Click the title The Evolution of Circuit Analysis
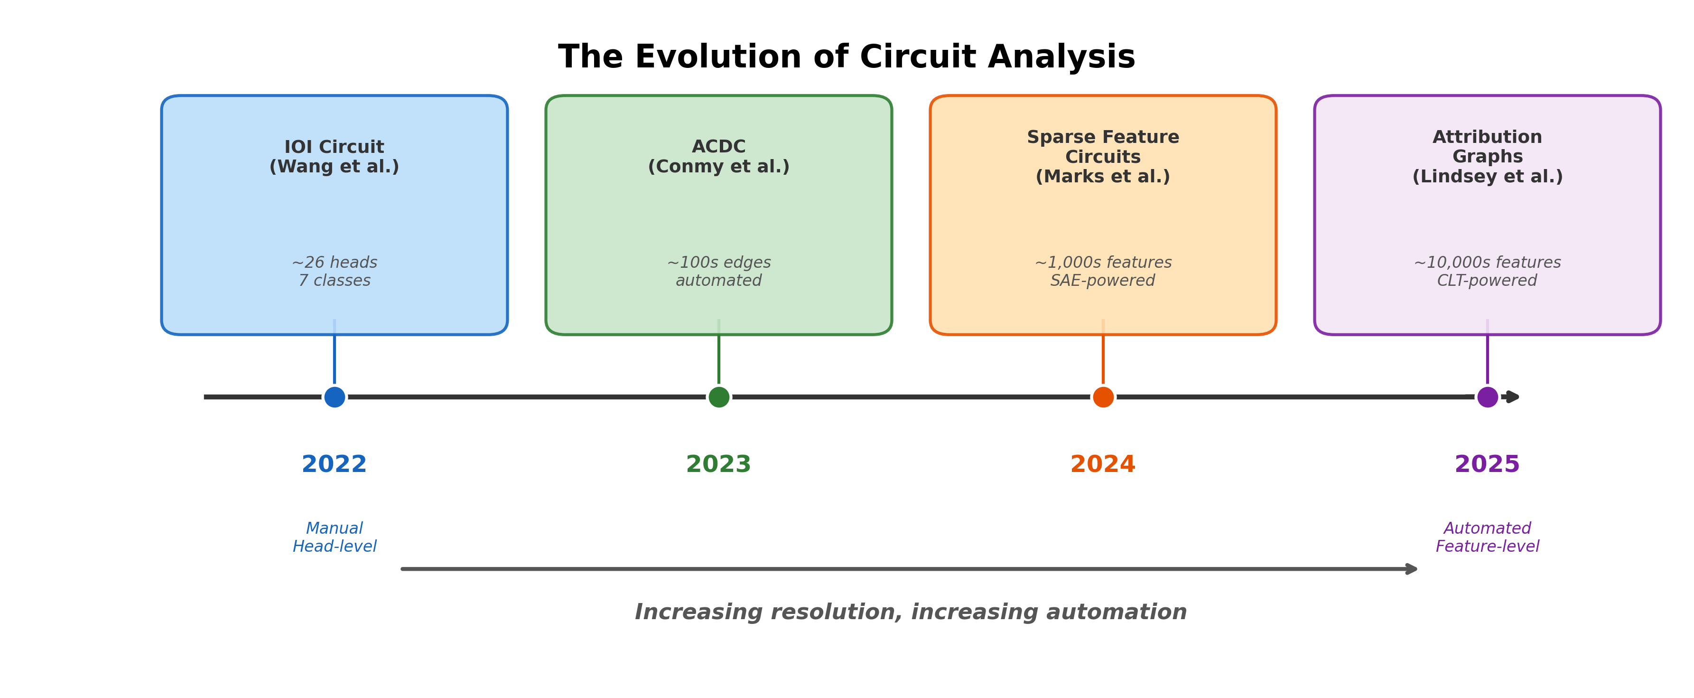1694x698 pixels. [x=847, y=57]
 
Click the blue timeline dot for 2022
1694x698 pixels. [x=334, y=397]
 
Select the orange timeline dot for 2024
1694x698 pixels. [x=1103, y=397]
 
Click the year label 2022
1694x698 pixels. [x=334, y=464]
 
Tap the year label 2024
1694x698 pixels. [x=1103, y=464]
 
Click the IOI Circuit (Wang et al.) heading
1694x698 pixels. [x=334, y=157]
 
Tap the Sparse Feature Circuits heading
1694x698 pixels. [x=1103, y=157]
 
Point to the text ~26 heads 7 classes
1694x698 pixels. [x=334, y=272]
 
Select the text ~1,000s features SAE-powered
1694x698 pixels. [x=1103, y=272]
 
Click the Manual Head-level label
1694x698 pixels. [x=334, y=538]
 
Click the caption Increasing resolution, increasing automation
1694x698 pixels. [x=910, y=613]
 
